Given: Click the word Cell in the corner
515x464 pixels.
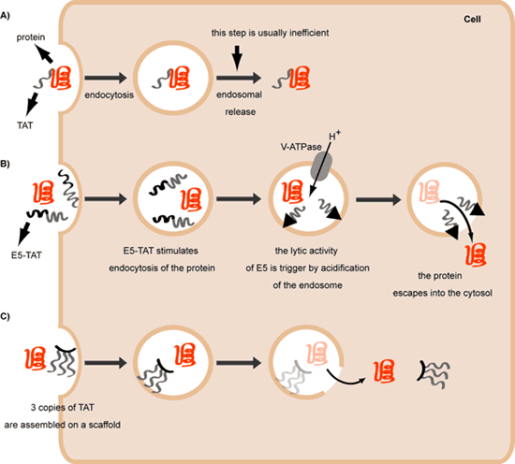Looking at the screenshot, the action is point(472,19).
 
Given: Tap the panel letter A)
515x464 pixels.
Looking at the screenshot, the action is point(5,16).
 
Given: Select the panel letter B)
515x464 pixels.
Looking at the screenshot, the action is point(5,164).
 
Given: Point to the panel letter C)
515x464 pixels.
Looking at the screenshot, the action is point(5,316).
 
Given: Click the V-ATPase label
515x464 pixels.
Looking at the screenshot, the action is point(301,147).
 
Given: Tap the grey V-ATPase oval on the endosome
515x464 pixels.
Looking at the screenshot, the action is point(321,167).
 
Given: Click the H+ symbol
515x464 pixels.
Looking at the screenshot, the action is point(334,135).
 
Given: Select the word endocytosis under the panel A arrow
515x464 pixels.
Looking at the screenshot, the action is point(109,95).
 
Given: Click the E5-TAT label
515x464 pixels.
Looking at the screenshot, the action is point(26,255).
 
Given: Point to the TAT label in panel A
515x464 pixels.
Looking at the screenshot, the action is point(25,125).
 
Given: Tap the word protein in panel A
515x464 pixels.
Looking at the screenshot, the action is point(31,37).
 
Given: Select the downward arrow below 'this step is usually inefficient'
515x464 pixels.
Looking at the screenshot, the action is point(237,58).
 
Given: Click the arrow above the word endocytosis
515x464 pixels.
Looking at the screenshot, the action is point(106,78).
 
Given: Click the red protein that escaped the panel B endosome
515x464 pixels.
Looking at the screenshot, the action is point(476,254).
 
